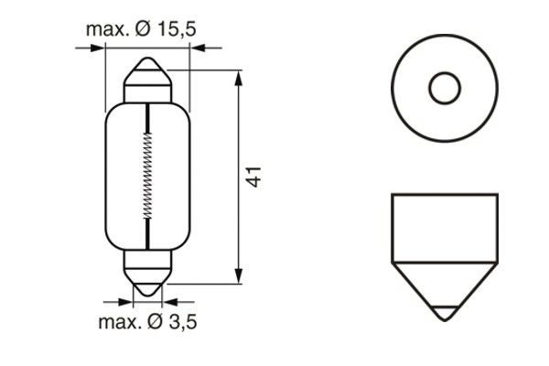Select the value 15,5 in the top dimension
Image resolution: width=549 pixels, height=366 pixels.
(175, 29)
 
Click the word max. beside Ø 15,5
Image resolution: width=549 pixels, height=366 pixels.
(107, 29)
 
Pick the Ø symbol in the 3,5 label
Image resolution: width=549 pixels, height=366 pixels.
(152, 321)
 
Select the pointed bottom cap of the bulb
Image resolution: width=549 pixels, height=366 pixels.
(147, 285)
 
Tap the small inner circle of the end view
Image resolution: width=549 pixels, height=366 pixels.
(444, 89)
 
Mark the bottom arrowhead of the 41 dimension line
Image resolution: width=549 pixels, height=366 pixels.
(239, 276)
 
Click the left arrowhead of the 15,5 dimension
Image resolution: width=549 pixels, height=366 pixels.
(99, 48)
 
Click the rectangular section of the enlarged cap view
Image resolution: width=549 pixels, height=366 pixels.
(444, 223)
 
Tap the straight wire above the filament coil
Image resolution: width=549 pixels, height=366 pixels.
(147, 114)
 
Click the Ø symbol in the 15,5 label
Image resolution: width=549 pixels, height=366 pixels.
(147, 29)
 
